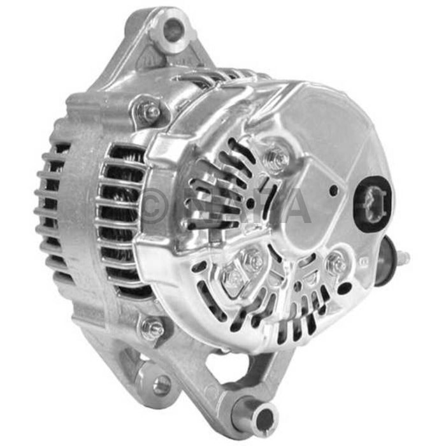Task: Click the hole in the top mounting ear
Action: click(173, 29)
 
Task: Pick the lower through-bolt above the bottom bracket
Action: click(153, 328)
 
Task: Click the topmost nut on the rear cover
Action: click(276, 156)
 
